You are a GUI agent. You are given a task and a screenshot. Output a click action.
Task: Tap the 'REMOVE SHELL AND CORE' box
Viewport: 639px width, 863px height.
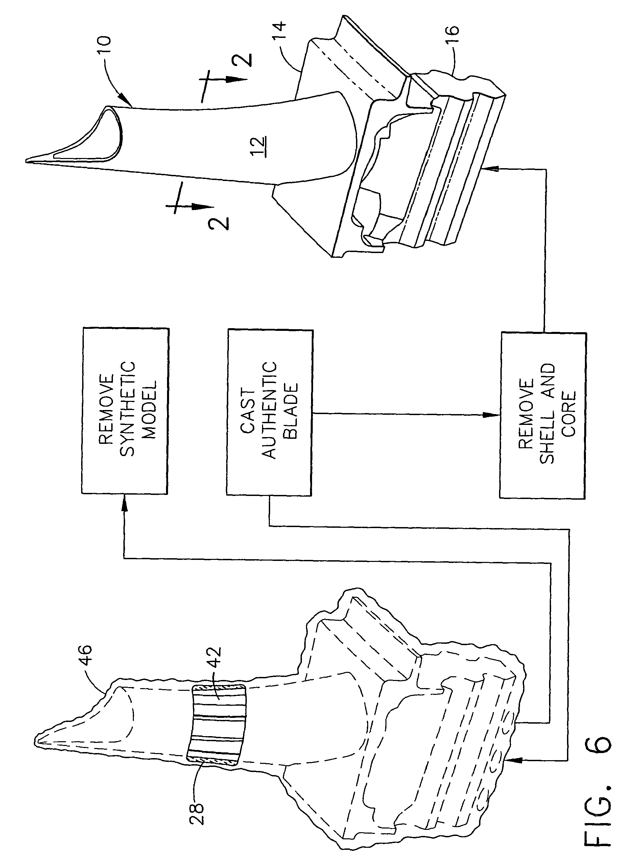(x=542, y=415)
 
